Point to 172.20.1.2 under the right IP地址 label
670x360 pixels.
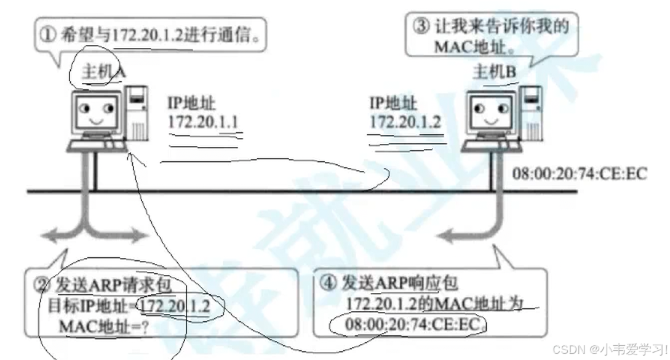pyautogui.click(x=405, y=121)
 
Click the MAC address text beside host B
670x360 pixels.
pyautogui.click(x=580, y=174)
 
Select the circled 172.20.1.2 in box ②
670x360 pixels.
pyautogui.click(x=175, y=306)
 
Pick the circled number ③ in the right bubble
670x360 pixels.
pyautogui.click(x=420, y=26)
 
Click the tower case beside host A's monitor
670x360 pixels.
pyautogui.click(x=137, y=114)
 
